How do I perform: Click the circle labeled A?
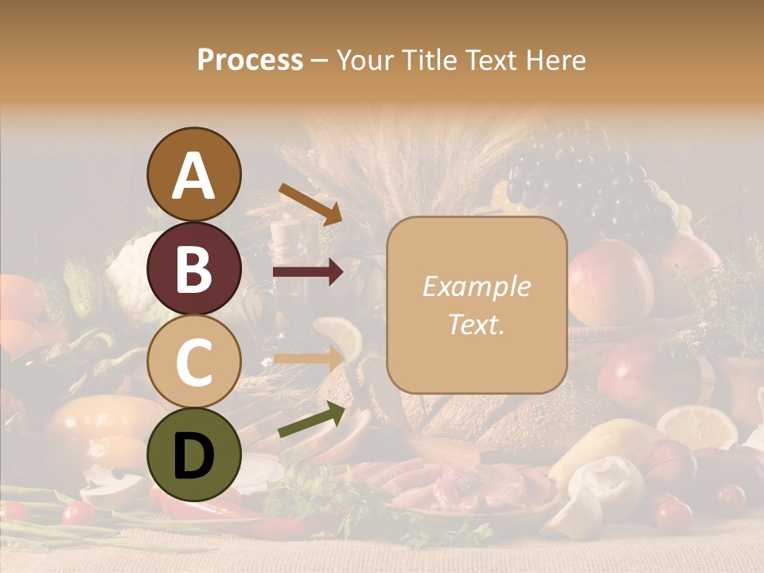pyautogui.click(x=193, y=175)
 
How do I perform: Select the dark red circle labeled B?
pyautogui.click(x=193, y=268)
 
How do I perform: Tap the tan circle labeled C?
pyautogui.click(x=193, y=361)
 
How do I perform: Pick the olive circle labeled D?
pyautogui.click(x=193, y=454)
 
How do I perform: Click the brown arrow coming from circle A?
pyautogui.click(x=310, y=202)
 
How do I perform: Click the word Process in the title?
pyautogui.click(x=250, y=60)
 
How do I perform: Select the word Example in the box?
pyautogui.click(x=476, y=286)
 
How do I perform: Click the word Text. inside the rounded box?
pyautogui.click(x=476, y=324)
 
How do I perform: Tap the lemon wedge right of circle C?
pyautogui.click(x=338, y=334)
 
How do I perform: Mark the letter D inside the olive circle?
pyautogui.click(x=193, y=456)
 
